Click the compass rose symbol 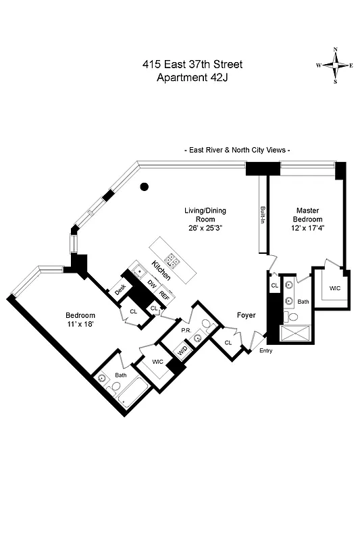pos(336,65)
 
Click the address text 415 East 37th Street pos(192,65)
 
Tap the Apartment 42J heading pos(192,78)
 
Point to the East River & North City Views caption pos(237,150)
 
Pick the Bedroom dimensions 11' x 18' pos(80,325)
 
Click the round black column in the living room pos(144,187)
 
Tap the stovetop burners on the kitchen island pos(172,261)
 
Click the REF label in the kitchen pos(164,294)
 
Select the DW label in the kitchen pos(152,286)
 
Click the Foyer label pos(246,315)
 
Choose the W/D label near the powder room pos(181,350)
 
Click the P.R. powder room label pos(185,329)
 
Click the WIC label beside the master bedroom pos(334,288)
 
